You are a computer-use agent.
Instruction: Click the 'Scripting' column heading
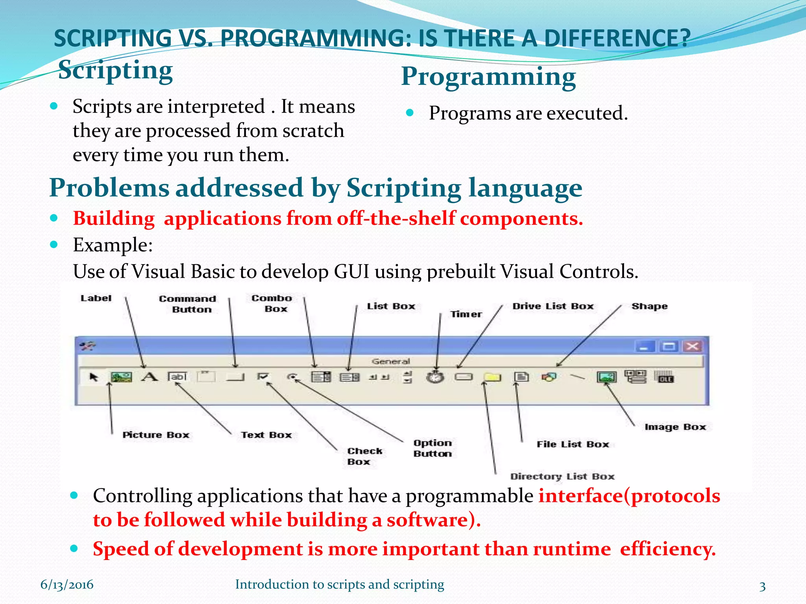115,71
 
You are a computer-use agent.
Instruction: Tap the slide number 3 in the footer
762,586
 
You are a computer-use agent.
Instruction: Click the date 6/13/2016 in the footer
67,585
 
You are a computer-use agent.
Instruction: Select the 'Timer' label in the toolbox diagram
466,314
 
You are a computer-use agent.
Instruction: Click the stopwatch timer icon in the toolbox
435,377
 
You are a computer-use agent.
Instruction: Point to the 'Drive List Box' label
553,306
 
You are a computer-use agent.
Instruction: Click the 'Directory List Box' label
562,477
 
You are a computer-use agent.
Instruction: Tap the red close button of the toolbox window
692,346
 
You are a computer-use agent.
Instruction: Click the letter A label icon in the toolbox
150,377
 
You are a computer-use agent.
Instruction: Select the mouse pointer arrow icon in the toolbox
94,377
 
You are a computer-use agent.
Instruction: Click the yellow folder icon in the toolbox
492,377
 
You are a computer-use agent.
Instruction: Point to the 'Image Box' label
675,427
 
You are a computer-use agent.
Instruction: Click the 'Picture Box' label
156,435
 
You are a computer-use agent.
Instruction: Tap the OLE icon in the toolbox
664,377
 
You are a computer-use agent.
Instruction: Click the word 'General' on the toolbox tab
390,361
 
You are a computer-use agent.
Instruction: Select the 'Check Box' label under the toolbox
364,456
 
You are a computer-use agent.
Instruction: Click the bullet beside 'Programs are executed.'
410,113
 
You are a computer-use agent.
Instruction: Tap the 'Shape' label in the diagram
649,306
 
